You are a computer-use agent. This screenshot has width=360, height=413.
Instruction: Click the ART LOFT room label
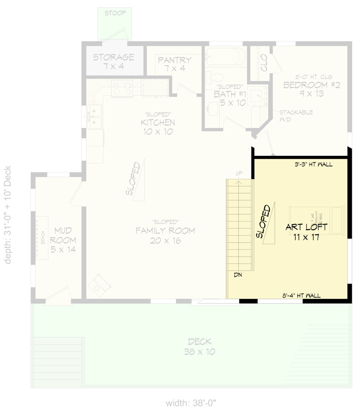point(307,232)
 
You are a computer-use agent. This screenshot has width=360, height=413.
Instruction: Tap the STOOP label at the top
point(114,13)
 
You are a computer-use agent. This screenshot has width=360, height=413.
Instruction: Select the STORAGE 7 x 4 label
point(113,62)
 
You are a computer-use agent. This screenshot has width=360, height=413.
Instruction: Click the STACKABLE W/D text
point(296,116)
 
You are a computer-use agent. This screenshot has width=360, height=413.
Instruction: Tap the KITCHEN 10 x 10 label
point(158,127)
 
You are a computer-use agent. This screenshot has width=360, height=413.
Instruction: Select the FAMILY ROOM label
point(165,235)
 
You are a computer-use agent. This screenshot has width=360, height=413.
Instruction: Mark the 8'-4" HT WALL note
point(302,296)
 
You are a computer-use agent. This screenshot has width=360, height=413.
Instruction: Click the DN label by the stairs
point(238,275)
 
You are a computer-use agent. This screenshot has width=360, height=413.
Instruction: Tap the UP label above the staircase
point(239,173)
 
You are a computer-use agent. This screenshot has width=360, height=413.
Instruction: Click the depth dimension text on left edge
point(8,214)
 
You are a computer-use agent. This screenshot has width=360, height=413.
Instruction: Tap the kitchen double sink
point(94,117)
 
